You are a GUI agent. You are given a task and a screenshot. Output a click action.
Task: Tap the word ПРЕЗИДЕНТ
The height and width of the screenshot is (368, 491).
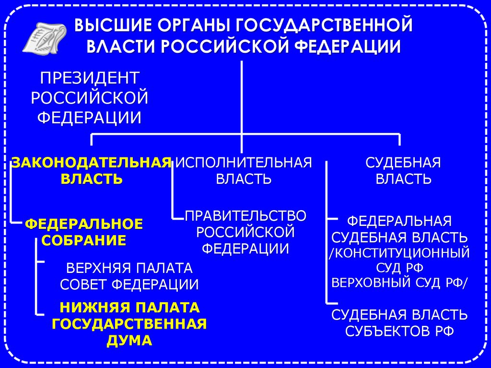[90, 78]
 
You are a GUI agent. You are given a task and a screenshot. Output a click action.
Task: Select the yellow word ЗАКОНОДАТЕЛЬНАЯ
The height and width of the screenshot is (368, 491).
[92, 162]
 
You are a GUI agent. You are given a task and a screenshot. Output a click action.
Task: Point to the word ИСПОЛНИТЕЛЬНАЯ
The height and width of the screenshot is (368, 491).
[244, 162]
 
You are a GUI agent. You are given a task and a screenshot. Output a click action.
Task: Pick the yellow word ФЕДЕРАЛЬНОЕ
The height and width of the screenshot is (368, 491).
[84, 224]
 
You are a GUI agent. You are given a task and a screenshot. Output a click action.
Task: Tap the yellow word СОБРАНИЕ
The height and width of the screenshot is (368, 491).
[84, 240]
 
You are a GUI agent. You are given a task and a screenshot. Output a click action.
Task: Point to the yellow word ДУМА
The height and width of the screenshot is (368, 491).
[129, 340]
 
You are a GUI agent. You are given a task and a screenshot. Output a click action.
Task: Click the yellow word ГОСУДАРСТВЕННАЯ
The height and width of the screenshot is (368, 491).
[129, 324]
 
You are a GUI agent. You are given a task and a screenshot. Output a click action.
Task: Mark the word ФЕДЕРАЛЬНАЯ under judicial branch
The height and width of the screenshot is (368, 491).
[399, 221]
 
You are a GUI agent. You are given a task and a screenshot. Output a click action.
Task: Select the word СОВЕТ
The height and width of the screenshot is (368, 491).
[84, 284]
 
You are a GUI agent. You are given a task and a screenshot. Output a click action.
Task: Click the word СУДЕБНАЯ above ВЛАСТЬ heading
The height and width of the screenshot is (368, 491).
[403, 162]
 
